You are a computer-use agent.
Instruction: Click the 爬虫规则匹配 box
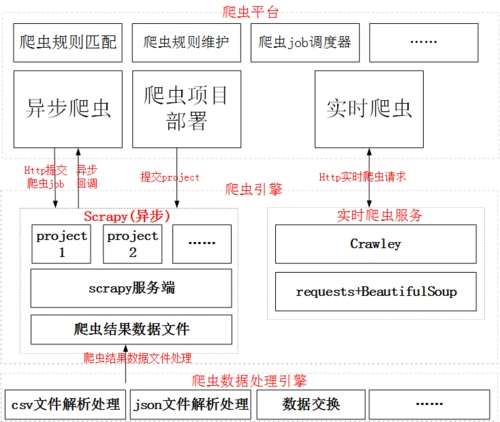(66, 43)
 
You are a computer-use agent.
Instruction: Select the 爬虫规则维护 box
(185, 43)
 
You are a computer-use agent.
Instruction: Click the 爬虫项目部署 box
(186, 108)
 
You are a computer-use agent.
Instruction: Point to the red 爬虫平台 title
(251, 11)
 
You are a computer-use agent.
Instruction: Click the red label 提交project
(170, 177)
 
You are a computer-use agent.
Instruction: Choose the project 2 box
(132, 244)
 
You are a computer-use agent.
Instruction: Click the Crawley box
(376, 244)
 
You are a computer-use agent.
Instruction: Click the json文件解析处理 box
(189, 404)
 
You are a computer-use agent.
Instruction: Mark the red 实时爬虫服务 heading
(372, 215)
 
